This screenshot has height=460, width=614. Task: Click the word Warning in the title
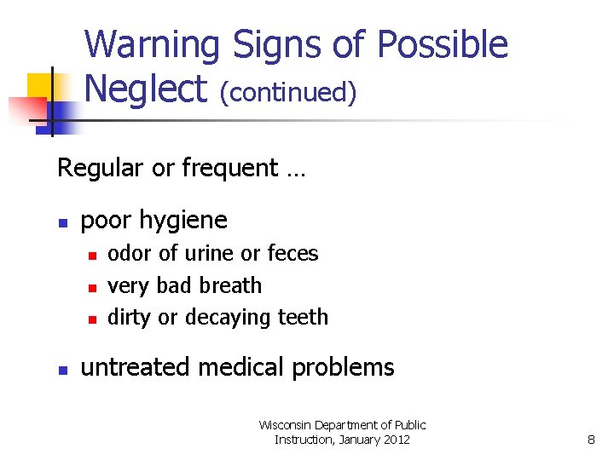click(152, 45)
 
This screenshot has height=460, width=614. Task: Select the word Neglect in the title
click(146, 89)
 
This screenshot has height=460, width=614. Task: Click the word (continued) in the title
click(288, 92)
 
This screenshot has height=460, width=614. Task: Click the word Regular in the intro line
click(101, 168)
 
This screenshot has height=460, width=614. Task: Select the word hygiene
click(186, 221)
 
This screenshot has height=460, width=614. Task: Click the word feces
click(293, 253)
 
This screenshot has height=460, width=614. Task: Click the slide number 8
click(591, 440)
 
